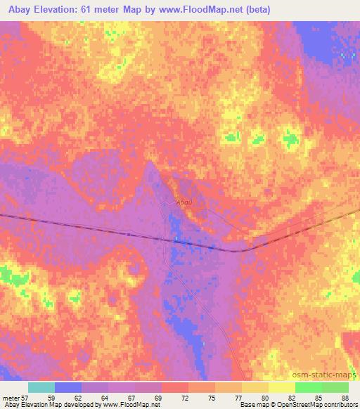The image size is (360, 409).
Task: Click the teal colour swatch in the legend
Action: pos(41,387)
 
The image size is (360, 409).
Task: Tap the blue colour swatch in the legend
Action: pos(67,387)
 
